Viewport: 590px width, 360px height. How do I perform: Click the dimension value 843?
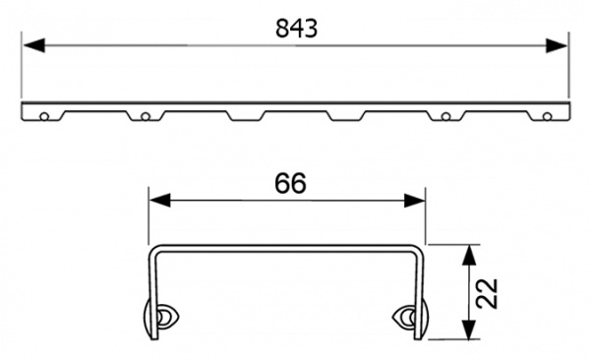point(296,29)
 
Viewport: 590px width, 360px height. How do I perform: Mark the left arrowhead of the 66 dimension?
point(155,200)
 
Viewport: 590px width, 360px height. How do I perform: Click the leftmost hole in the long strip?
point(44,116)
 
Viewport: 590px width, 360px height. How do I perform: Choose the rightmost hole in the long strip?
point(547,116)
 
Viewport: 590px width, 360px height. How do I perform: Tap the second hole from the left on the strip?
point(145,116)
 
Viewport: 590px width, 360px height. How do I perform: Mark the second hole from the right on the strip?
point(446,116)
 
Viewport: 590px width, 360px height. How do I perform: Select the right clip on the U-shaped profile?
point(405,316)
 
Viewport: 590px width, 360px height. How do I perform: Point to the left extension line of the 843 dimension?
point(22,69)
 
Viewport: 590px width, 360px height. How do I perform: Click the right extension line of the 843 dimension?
point(568,69)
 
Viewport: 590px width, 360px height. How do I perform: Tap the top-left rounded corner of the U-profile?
point(152,248)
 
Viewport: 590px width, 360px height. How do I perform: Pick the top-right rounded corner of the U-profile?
point(422,248)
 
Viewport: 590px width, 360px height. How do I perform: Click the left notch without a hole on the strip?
point(245,115)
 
